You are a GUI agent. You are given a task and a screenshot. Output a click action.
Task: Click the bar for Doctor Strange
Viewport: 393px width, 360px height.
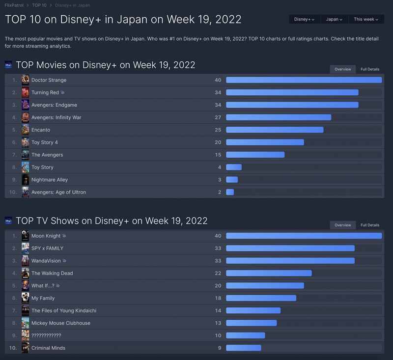pos(304,80)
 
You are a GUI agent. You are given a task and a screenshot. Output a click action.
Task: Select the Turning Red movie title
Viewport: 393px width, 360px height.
pos(45,92)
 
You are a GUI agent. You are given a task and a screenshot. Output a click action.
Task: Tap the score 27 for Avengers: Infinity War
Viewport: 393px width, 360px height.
pos(218,117)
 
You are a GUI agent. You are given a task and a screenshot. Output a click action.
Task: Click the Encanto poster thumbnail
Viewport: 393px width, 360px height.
pos(26,130)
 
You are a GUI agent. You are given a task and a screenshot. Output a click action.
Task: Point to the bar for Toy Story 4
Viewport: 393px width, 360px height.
pos(265,142)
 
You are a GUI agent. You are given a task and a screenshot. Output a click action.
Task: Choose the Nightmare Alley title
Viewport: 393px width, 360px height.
pos(50,180)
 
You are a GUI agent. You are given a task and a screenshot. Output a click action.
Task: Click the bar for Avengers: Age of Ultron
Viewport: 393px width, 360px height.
pos(230,192)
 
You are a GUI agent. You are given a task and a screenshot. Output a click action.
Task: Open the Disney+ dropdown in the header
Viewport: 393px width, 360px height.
pos(305,19)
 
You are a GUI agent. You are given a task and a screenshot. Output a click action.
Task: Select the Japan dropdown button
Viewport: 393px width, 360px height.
pos(335,19)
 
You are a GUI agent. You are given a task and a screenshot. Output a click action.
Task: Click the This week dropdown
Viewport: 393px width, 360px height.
pos(366,19)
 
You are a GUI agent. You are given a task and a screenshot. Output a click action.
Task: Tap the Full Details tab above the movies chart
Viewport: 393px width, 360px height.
pos(370,69)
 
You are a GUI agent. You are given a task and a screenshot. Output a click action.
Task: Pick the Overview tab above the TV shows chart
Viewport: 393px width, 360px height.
pos(343,225)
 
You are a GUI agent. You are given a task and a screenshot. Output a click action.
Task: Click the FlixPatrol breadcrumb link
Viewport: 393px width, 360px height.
pos(14,5)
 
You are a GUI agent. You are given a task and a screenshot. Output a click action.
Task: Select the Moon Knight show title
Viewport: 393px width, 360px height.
pos(46,236)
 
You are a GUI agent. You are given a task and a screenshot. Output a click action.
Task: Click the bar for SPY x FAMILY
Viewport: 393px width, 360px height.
pos(290,248)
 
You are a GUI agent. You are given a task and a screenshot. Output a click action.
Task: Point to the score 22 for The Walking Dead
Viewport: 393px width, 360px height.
pos(218,273)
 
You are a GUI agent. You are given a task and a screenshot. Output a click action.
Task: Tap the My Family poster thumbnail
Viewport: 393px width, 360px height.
pos(26,298)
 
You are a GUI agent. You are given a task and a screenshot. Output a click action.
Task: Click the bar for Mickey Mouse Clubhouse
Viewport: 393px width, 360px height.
pos(251,323)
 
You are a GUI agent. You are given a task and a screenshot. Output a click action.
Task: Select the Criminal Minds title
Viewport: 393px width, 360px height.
pos(48,348)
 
